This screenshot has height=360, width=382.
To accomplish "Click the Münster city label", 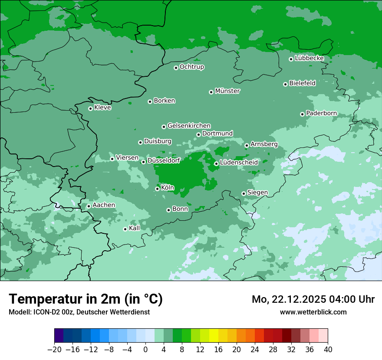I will (x=227, y=91).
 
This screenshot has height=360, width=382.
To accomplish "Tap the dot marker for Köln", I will (x=157, y=189).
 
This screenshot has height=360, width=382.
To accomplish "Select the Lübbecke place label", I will (x=309, y=58).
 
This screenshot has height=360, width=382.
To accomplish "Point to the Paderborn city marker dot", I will (x=302, y=114).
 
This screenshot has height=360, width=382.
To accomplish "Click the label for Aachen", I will (x=104, y=205).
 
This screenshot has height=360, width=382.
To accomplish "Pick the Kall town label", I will (x=135, y=228).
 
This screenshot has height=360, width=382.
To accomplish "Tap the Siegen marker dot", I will (x=244, y=193).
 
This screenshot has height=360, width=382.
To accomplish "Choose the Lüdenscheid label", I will (x=239, y=163).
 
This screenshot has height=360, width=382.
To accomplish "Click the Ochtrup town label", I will (x=191, y=67).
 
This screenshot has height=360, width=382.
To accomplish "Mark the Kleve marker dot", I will (x=90, y=108).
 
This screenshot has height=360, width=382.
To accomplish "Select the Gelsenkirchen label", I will (x=189, y=126).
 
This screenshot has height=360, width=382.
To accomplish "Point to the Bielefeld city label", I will (x=302, y=83).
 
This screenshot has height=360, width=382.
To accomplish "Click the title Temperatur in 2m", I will (x=86, y=299).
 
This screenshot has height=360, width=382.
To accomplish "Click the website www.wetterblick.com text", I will (x=313, y=312).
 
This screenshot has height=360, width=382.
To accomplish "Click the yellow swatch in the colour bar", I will (x=214, y=336).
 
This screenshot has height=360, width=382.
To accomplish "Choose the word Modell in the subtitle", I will (x=18, y=312).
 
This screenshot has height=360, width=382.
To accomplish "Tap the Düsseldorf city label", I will (x=163, y=161).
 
